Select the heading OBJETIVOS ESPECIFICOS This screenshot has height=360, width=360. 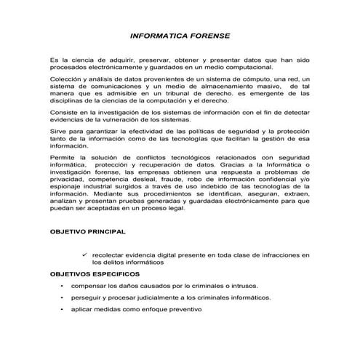92,276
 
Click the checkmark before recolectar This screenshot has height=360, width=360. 86,255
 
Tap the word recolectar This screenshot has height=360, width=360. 115,255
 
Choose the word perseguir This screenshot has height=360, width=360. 90,298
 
